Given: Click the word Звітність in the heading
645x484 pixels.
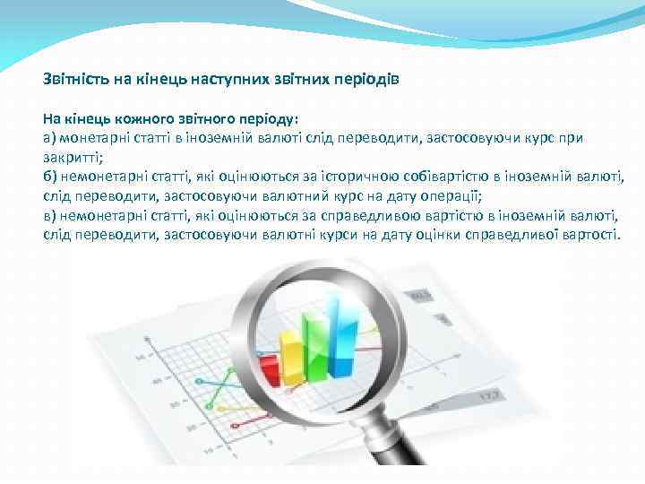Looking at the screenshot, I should pyautogui.click(x=76, y=79).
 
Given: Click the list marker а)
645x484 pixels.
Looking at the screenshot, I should pyautogui.click(x=49, y=138).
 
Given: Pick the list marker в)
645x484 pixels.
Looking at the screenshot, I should pyautogui.click(x=49, y=216).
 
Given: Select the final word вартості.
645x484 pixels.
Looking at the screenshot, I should pyautogui.click(x=589, y=235).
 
